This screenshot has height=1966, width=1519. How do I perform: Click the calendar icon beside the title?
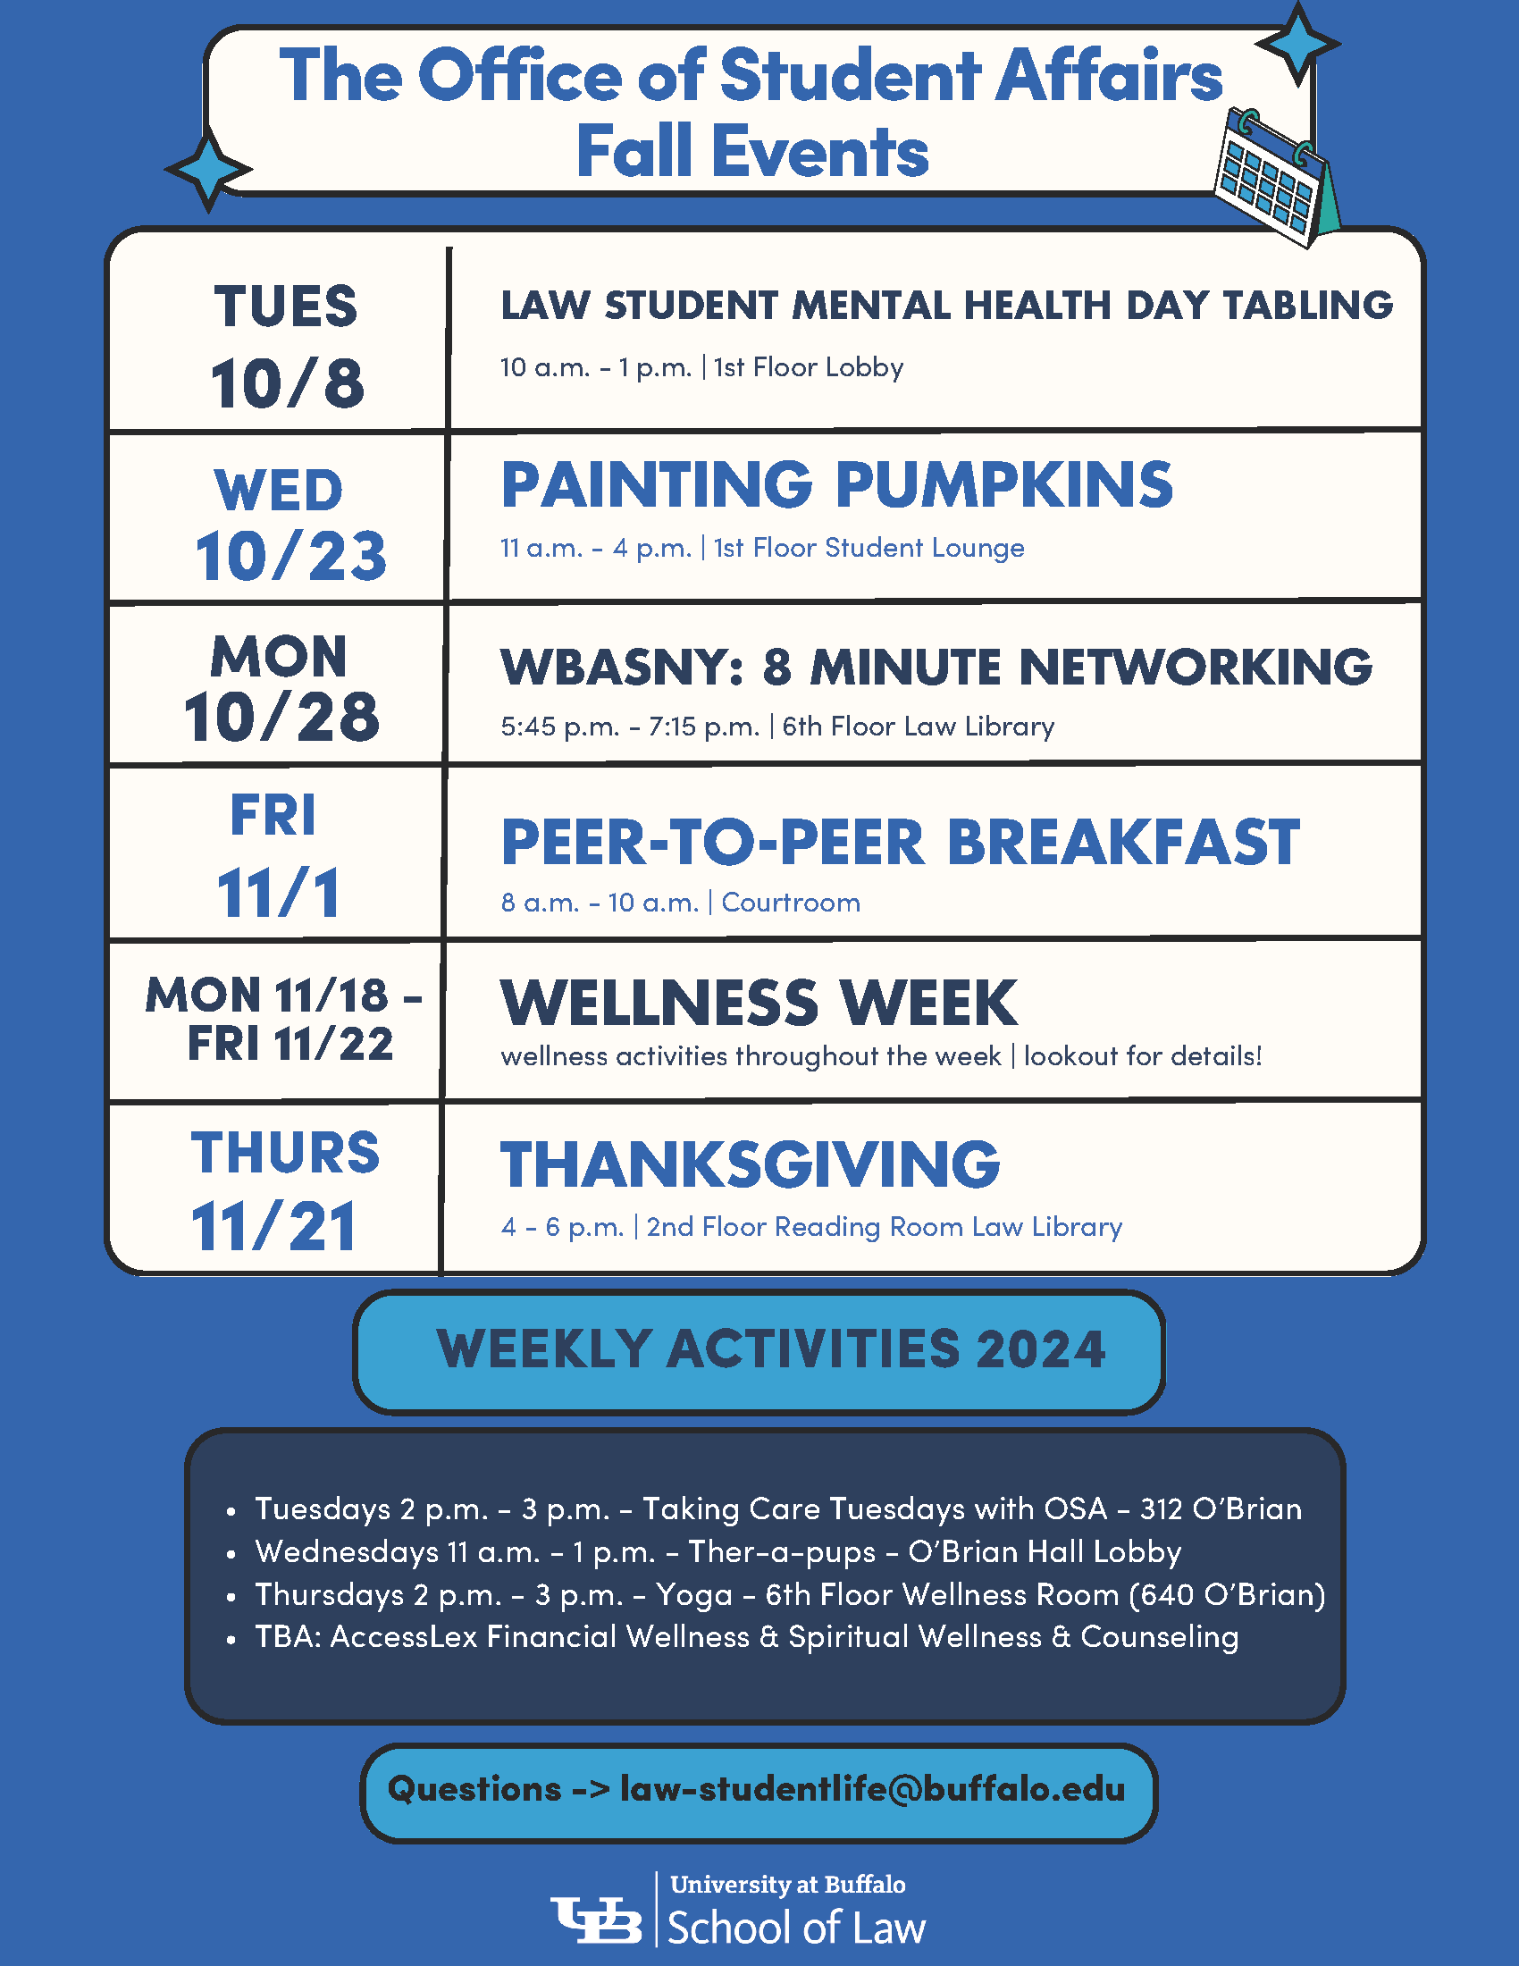(1276, 178)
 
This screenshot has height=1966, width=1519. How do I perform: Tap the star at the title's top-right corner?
(1297, 43)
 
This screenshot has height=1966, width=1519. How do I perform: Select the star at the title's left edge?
(209, 168)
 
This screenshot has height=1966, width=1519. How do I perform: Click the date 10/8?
(287, 383)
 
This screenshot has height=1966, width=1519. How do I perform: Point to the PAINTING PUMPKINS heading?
(837, 484)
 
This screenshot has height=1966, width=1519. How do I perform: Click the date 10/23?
(290, 556)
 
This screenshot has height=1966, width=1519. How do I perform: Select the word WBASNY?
(616, 667)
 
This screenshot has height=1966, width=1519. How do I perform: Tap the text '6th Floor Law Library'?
(918, 726)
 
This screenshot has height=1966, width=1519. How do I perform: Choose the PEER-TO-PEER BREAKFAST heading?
(900, 843)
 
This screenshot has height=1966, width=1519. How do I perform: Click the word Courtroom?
(791, 902)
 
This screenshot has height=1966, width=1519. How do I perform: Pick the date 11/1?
(279, 893)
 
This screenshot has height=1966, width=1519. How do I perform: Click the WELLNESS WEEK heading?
(759, 1003)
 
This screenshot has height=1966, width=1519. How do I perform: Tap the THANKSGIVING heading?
(750, 1164)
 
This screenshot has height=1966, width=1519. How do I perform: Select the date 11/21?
(273, 1226)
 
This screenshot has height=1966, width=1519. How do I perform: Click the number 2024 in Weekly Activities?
(1040, 1349)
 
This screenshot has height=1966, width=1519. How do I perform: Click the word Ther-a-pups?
(782, 1552)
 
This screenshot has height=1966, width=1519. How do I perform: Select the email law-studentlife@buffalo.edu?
(873, 1789)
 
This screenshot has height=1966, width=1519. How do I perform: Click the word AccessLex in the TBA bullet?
(404, 1636)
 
